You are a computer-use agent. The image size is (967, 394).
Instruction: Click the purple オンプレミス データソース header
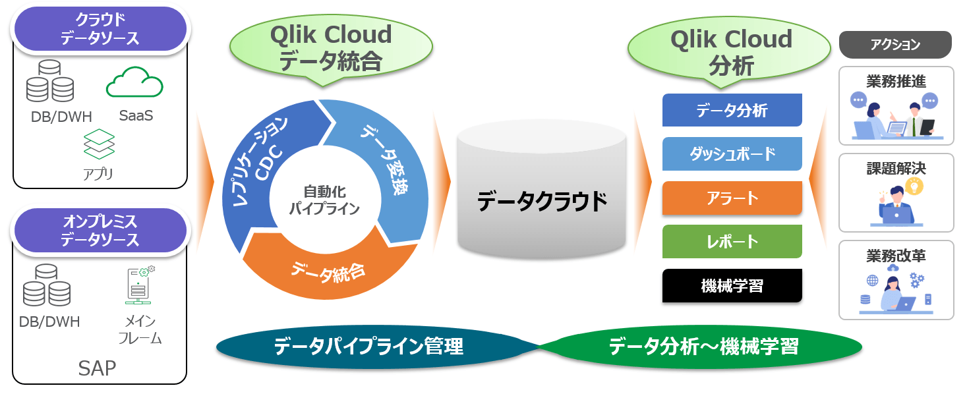click(x=100, y=231)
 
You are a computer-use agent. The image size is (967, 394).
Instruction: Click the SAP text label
click(x=97, y=368)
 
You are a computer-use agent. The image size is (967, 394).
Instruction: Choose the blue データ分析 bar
click(x=732, y=110)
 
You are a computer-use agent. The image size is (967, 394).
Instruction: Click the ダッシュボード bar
click(x=732, y=154)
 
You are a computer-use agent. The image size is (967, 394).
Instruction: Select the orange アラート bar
click(x=732, y=198)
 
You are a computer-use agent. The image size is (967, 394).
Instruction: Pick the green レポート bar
click(x=732, y=242)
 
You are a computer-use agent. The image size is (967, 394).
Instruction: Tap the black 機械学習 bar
click(x=732, y=286)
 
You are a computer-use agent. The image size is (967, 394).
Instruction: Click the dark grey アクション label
click(x=894, y=45)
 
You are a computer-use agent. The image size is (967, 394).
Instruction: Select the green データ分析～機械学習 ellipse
click(x=703, y=347)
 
